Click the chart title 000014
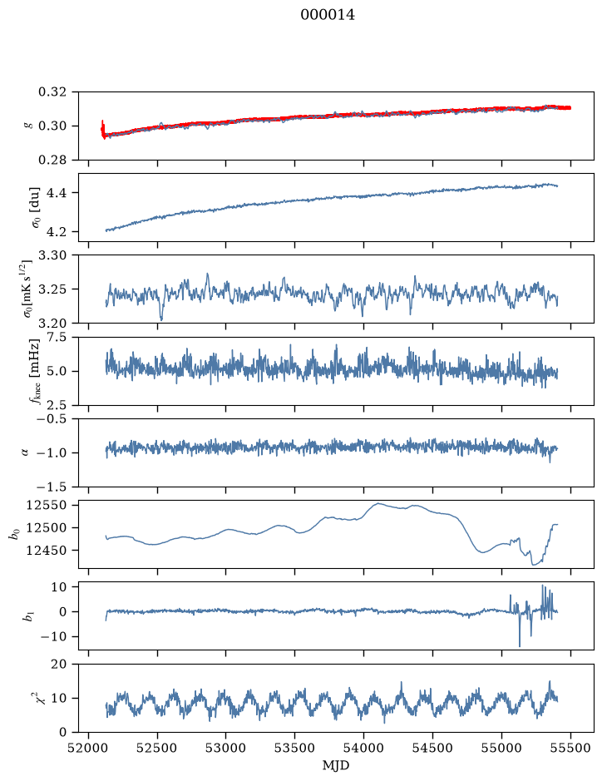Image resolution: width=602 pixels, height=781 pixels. coord(328,16)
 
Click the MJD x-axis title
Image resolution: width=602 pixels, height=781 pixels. coord(336,765)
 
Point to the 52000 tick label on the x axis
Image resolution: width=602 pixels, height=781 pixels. coord(89,749)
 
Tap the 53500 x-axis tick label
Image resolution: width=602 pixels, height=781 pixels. coord(295,749)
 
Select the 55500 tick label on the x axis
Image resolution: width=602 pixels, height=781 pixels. coord(570,749)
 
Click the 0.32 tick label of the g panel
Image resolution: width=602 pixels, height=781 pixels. coord(52,92)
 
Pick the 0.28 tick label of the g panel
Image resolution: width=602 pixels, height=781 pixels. coord(52,160)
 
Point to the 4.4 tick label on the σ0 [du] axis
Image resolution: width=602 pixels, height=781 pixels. coord(56,193)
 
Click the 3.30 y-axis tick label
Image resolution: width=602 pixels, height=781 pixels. coord(52,255)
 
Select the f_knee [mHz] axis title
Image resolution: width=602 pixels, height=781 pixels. coord(35,371)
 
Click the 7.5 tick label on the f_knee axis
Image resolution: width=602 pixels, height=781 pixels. coord(56,337)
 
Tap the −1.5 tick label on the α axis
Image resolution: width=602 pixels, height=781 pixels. coord(50,487)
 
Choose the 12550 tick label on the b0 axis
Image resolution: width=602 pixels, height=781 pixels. coord(47,505)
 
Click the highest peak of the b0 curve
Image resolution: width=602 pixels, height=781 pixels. coord(377,503)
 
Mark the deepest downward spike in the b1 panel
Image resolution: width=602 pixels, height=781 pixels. coord(520,646)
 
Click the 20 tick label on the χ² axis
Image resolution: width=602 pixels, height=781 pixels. coord(59,664)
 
